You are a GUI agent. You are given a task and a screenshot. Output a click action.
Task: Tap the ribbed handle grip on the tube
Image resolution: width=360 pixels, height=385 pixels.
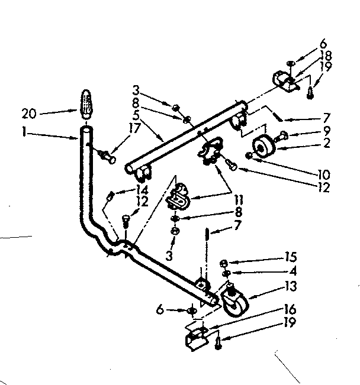pyautogui.click(x=86, y=105)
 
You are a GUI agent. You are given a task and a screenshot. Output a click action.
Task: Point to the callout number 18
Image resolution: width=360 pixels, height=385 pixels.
pyautogui.click(x=325, y=55)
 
